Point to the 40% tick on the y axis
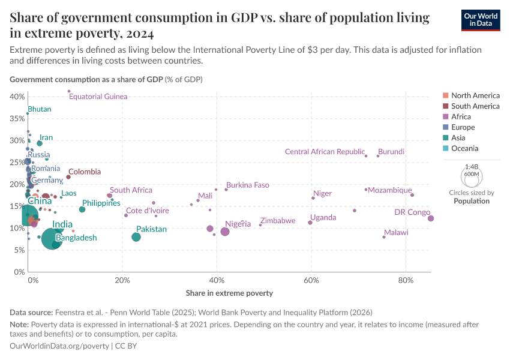click(17, 97)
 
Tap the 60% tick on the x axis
click(311, 280)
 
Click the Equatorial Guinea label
click(98, 97)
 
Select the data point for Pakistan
click(136, 237)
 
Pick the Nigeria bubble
click(225, 232)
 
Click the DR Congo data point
click(431, 218)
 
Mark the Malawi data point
click(384, 237)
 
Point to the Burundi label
click(391, 152)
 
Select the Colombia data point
click(68, 177)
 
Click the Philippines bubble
click(82, 209)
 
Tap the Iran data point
click(40, 143)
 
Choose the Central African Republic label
click(325, 152)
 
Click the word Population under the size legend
click(471, 201)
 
